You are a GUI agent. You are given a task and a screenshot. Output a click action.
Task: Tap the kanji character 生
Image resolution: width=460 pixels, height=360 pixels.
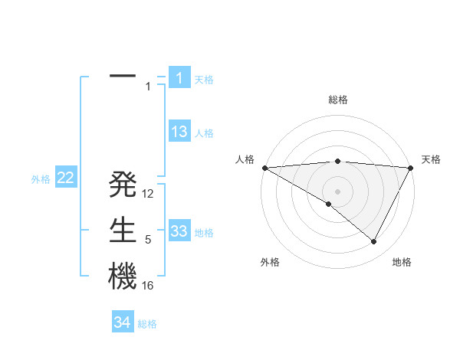(x=123, y=231)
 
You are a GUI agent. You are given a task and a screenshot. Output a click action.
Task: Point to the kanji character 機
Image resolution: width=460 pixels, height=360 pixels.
(x=123, y=277)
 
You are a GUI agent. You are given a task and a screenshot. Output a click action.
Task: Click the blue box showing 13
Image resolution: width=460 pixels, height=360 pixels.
(x=179, y=132)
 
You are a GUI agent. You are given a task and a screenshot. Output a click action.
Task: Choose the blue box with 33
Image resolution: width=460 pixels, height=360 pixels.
(x=179, y=231)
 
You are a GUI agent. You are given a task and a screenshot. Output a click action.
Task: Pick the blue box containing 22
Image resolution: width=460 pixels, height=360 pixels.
(x=66, y=178)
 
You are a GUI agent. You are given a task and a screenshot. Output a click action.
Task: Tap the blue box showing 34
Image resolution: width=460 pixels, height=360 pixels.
(x=123, y=322)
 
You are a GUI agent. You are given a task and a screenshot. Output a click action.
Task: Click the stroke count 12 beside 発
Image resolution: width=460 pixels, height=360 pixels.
(x=149, y=194)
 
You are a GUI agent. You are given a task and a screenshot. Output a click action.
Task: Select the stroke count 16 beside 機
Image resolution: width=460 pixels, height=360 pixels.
(x=149, y=286)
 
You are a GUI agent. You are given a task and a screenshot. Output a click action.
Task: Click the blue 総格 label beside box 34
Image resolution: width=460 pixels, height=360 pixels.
(x=147, y=324)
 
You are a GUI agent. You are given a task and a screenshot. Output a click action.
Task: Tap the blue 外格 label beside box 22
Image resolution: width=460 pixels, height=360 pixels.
(x=41, y=179)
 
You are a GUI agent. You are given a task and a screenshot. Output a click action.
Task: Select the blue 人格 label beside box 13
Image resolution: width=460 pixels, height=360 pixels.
(x=204, y=133)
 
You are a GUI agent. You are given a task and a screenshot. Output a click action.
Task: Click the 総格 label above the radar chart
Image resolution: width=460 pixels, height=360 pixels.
(x=337, y=100)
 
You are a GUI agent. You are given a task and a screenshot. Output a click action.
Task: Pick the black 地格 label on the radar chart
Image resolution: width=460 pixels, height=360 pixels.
(x=402, y=262)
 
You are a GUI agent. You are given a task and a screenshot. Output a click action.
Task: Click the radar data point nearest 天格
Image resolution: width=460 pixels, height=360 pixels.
(x=411, y=168)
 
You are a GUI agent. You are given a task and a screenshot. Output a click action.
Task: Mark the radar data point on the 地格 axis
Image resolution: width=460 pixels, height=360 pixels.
(x=374, y=242)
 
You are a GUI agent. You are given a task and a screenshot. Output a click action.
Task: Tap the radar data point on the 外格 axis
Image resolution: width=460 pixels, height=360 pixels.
(x=329, y=204)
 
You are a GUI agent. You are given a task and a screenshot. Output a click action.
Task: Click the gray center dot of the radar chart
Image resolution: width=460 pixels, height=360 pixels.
(x=337, y=191)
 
